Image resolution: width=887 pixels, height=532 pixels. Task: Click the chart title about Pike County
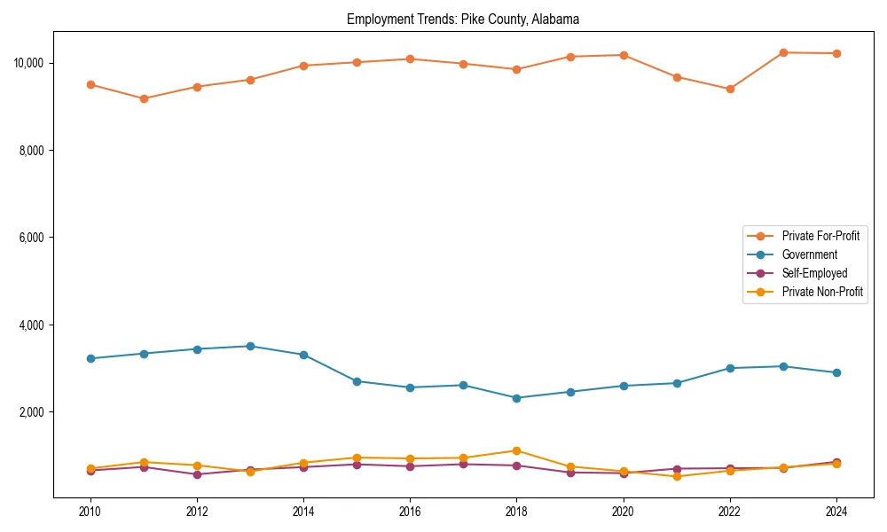463,19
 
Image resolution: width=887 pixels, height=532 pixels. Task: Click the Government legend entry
809,254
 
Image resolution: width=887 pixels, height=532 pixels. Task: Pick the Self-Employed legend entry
814,273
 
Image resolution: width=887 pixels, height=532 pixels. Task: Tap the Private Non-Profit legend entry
822,292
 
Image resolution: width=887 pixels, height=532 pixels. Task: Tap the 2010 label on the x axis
90,512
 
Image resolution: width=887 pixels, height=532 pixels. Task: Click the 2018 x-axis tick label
516,512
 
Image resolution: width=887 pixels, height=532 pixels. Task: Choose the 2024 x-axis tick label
836,512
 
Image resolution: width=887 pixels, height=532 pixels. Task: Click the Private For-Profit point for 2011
144,98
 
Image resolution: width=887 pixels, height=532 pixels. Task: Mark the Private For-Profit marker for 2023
783,52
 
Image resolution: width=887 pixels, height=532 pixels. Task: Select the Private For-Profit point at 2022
730,89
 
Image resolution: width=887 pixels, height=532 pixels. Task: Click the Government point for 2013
250,346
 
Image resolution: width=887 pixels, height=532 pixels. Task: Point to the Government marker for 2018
516,398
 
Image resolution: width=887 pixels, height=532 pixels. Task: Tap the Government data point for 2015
357,381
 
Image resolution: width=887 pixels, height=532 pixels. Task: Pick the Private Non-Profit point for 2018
516,450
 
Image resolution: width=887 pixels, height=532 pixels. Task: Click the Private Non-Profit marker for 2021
677,476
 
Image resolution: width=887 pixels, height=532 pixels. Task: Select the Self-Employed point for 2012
197,474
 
